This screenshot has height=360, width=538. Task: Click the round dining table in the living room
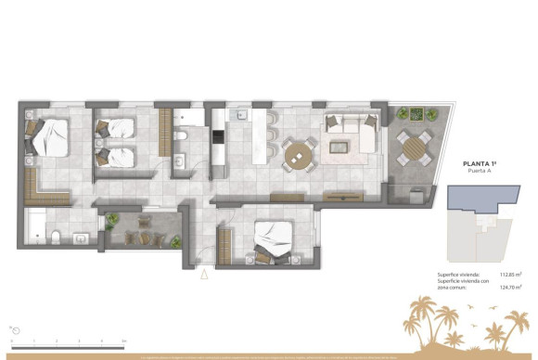(299, 155)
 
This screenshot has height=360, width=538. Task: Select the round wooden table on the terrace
(414, 146)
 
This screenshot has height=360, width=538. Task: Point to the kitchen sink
(239, 116)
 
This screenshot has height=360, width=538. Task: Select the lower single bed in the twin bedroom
(116, 155)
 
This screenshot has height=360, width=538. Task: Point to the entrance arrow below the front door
(204, 274)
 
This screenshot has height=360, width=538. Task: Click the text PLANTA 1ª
(481, 164)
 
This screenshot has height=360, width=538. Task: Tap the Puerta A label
(481, 173)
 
